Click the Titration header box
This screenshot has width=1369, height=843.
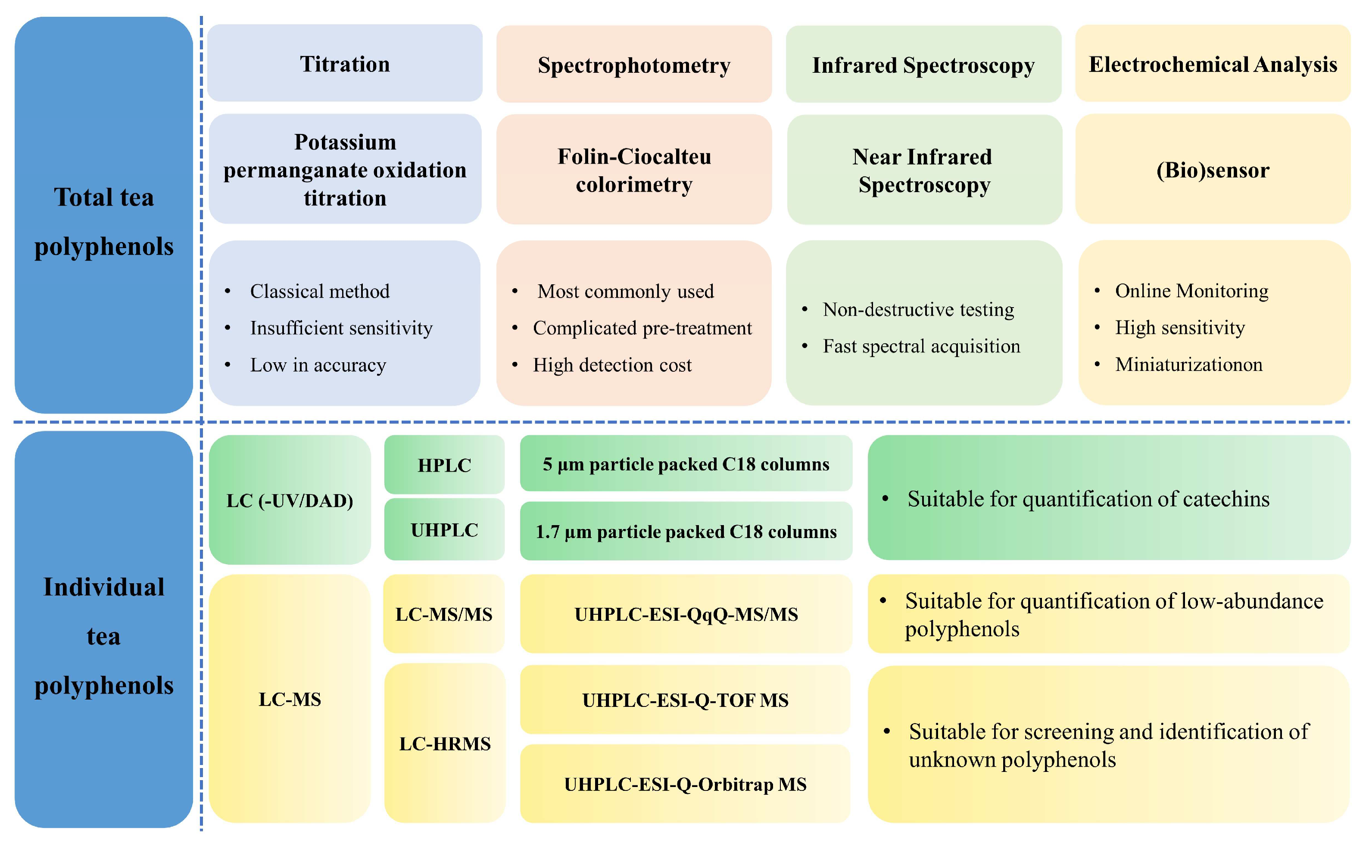click(x=345, y=64)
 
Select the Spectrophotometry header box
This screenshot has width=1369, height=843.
click(x=634, y=65)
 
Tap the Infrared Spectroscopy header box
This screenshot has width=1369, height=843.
click(x=923, y=65)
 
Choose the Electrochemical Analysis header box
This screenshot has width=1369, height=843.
click(x=1213, y=64)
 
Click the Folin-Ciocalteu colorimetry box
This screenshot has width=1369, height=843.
click(x=634, y=170)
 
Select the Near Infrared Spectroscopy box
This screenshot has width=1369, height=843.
click(x=924, y=170)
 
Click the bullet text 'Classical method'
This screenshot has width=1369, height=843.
click(x=320, y=291)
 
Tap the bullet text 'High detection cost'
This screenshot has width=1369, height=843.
click(x=612, y=364)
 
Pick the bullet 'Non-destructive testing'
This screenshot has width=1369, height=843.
click(x=918, y=309)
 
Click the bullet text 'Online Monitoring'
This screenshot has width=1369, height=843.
click(x=1191, y=290)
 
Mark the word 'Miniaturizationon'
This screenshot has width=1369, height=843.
click(x=1188, y=364)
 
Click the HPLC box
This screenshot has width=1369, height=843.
click(x=444, y=465)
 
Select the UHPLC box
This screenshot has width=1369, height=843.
click(x=444, y=530)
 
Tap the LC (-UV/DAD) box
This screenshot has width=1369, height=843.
click(x=290, y=500)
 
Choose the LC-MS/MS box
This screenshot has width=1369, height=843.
click(x=444, y=614)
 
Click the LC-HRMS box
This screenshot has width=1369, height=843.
click(x=444, y=743)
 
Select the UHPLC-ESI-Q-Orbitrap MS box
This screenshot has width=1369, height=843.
click(x=685, y=784)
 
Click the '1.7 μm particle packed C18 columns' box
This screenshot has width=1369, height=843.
click(x=686, y=531)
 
